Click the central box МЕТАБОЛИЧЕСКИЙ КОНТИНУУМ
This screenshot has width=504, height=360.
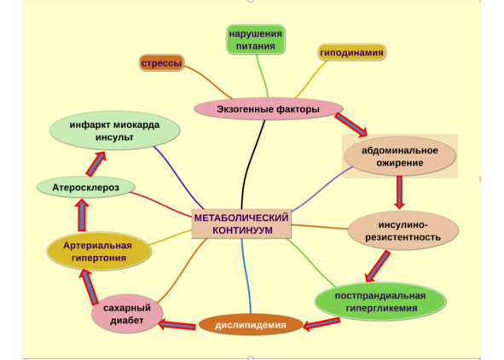click(241, 224)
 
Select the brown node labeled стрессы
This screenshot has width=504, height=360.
click(162, 63)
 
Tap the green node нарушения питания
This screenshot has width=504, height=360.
click(256, 39)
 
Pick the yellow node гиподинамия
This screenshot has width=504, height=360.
click(351, 52)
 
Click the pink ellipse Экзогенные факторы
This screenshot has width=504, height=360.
click(268, 109)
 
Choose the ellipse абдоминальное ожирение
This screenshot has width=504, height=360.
click(400, 156)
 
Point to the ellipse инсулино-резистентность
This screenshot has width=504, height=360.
click(403, 231)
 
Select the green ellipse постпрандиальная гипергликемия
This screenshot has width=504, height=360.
click(380, 301)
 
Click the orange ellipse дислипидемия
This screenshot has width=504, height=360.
click(251, 325)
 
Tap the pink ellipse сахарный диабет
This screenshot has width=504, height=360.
click(127, 314)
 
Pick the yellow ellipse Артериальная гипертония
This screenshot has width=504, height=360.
click(99, 252)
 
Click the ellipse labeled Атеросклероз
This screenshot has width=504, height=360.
click(85, 188)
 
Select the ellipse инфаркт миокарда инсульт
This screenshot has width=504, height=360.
click(114, 131)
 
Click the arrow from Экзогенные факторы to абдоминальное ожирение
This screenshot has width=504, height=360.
click(350, 125)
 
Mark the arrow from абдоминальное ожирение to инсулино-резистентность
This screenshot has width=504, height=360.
click(399, 192)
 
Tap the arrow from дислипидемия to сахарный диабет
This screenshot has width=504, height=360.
click(177, 324)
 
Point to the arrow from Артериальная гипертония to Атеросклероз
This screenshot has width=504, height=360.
click(82, 215)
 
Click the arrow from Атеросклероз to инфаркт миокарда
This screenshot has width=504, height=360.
click(96, 164)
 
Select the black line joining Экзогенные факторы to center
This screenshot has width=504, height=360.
click(251, 165)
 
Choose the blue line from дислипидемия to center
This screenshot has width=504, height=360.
click(246, 276)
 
